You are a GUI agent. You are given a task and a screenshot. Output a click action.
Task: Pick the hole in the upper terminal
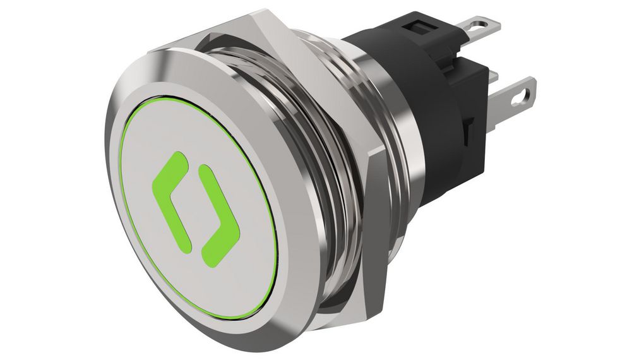click(x=483, y=25)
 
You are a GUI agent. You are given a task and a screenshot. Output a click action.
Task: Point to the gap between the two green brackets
click(x=193, y=202)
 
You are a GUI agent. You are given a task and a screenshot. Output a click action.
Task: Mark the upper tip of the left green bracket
click(x=182, y=158)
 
